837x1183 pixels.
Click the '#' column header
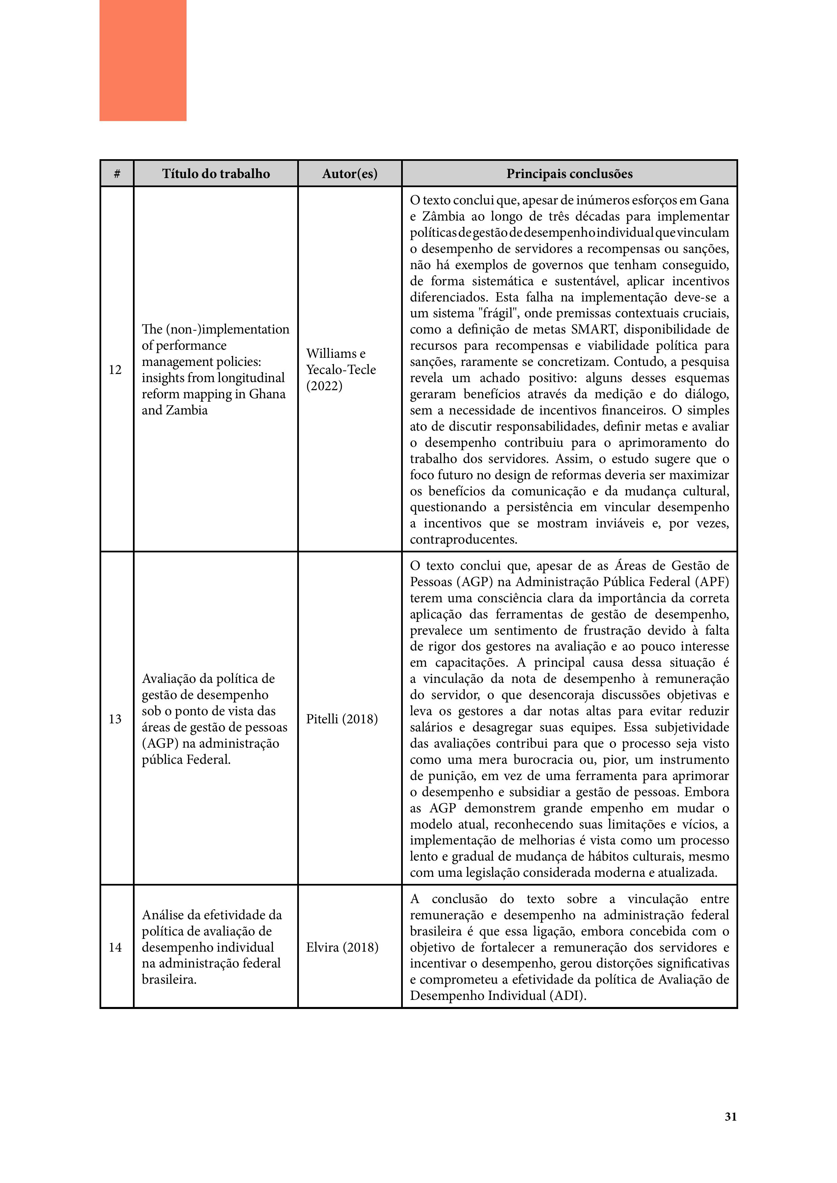117,174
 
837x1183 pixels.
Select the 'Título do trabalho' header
216,174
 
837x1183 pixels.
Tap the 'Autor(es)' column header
350,174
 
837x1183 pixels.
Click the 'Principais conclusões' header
569,174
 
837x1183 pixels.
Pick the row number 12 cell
115,369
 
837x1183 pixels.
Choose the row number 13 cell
115,719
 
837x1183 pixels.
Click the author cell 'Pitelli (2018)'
342,719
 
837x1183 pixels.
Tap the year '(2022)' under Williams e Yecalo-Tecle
324,386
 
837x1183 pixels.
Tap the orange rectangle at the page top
143,60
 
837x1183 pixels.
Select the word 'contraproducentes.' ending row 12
463,540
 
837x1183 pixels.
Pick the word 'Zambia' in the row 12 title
188,410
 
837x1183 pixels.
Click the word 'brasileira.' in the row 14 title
169,979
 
